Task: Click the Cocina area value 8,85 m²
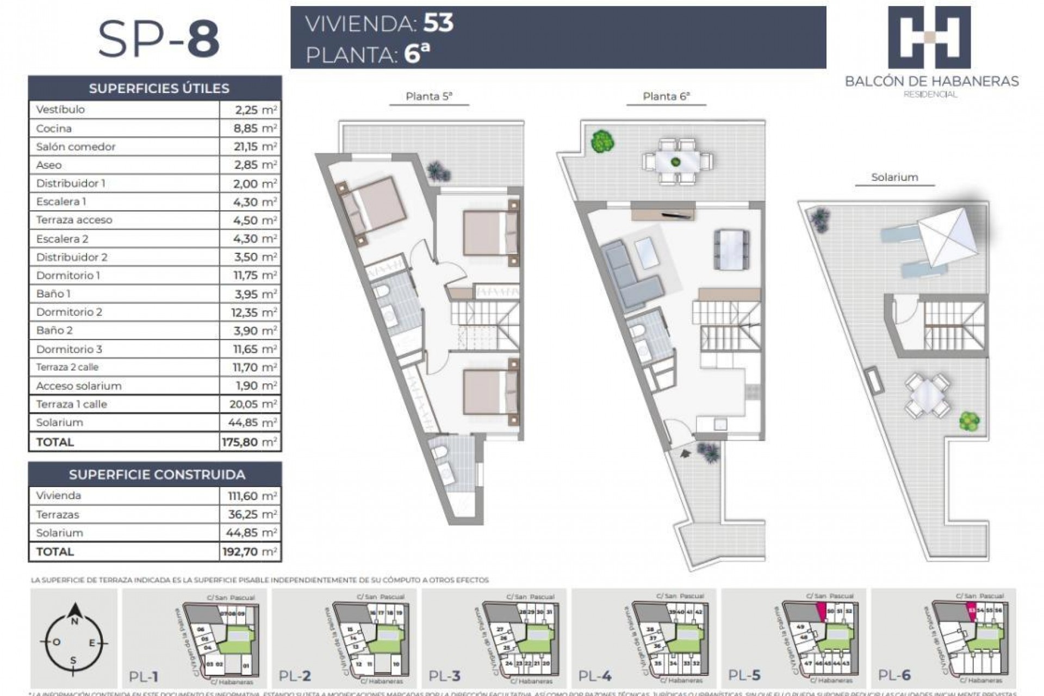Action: pos(255,128)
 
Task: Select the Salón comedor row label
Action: pos(76,147)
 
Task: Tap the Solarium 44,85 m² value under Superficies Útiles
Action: pos(255,422)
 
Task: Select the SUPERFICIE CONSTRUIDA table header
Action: pos(157,474)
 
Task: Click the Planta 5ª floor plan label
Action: pos(429,97)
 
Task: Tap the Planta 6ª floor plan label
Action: pos(666,97)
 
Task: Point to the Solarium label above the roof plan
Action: pos(894,177)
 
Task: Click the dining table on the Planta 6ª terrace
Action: pos(678,161)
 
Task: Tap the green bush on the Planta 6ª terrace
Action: pos(602,141)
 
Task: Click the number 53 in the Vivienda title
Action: pos(438,23)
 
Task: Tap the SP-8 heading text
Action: pos(159,39)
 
